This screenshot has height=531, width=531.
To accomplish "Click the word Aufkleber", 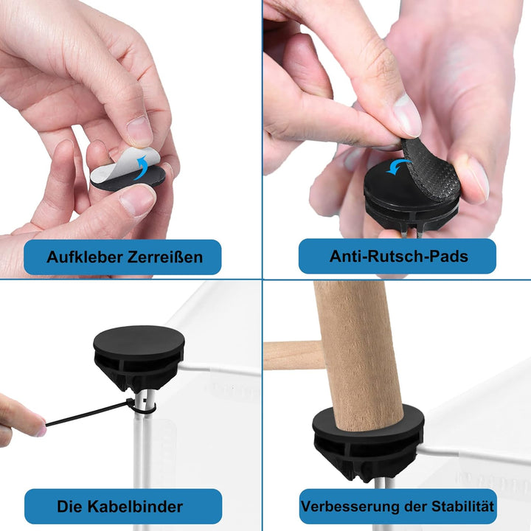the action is coord(85,257).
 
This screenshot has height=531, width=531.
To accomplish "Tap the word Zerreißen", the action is coord(165,257).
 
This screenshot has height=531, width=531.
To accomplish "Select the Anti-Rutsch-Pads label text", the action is coord(398,256).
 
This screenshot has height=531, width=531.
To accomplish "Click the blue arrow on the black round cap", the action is coord(399,166).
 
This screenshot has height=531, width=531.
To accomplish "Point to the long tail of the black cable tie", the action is coord(86,413).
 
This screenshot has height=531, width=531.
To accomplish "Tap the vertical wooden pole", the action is coord(358,355).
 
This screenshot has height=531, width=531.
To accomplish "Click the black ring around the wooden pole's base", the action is coord(368,424).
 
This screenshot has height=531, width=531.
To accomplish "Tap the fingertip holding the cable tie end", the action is coord(38,424).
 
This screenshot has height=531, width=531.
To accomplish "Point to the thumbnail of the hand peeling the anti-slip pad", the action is coord(407,114).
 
